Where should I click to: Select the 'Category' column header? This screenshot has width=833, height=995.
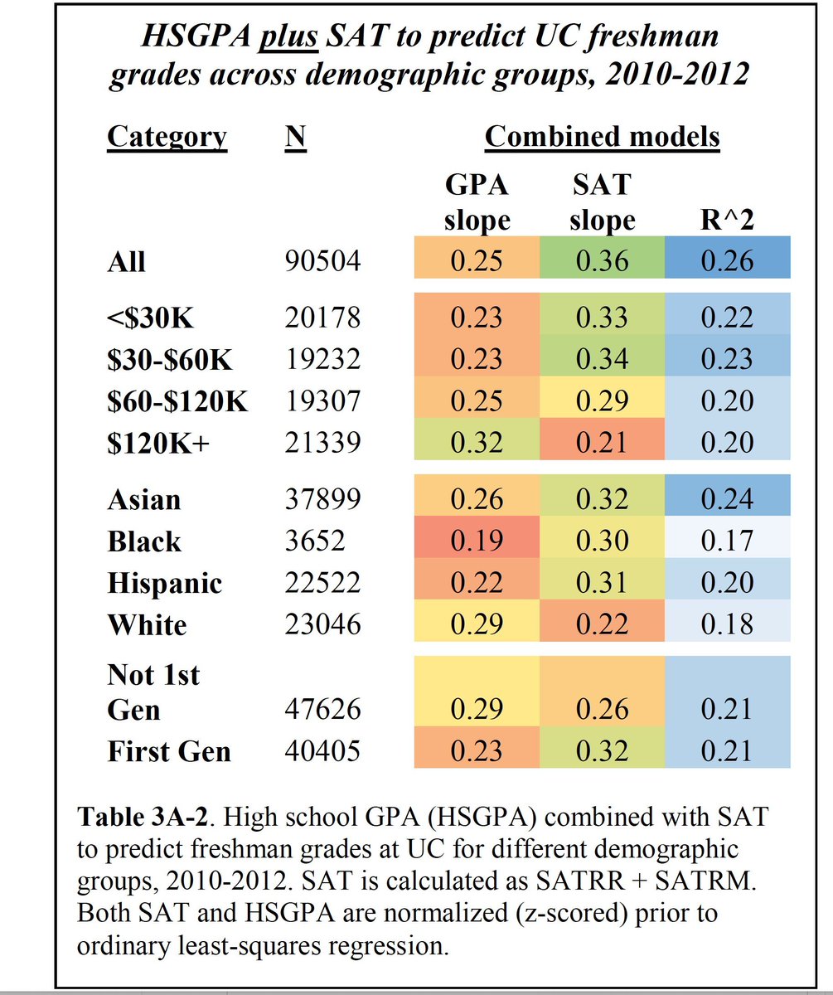[x=167, y=137]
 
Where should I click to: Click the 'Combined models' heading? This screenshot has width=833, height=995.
[x=602, y=137]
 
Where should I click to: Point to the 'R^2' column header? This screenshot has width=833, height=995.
[x=726, y=221]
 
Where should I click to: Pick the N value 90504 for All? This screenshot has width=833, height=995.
[x=322, y=262]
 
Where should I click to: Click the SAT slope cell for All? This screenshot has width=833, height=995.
[x=602, y=261]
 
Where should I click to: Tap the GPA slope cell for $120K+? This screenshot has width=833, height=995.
[x=477, y=442]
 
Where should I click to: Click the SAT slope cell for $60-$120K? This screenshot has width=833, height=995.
[x=602, y=400]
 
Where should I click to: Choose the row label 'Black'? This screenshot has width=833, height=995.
[x=144, y=541]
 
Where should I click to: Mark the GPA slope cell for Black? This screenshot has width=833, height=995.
[x=477, y=541]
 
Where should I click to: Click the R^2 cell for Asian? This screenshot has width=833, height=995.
[x=726, y=500]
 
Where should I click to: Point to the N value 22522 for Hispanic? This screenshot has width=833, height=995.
[x=322, y=583]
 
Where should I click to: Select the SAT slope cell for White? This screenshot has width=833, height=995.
[x=602, y=624]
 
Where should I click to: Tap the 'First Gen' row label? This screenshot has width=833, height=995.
[x=169, y=751]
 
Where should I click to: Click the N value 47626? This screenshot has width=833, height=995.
[x=322, y=711]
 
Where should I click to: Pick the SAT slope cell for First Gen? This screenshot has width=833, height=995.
[x=602, y=751]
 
